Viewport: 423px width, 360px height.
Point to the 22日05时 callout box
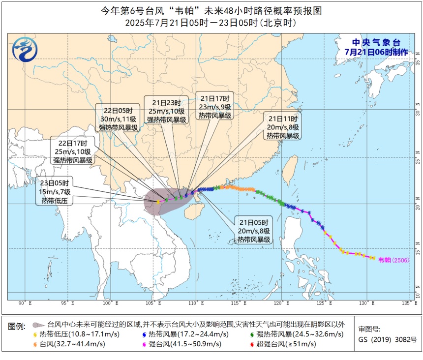point(117,118)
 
